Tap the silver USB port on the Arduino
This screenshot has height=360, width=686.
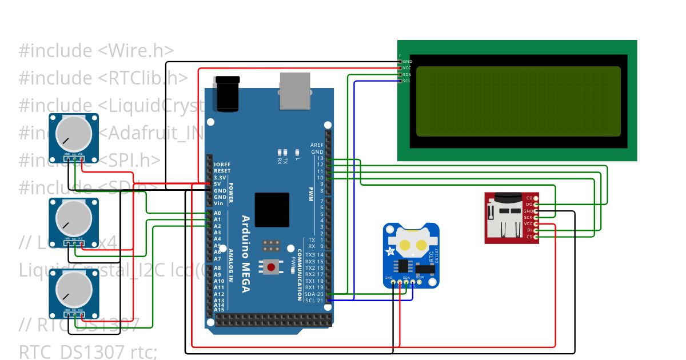(x=294, y=91)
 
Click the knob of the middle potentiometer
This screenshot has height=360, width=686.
(x=73, y=218)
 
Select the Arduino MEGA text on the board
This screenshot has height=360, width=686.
(x=246, y=254)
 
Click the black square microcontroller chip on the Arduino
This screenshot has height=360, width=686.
(x=272, y=210)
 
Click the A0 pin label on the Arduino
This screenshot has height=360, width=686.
(x=217, y=213)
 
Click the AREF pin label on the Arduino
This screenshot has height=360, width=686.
(x=317, y=145)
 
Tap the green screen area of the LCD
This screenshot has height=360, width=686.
(x=518, y=101)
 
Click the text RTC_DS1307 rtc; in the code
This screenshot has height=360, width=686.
(x=88, y=351)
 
